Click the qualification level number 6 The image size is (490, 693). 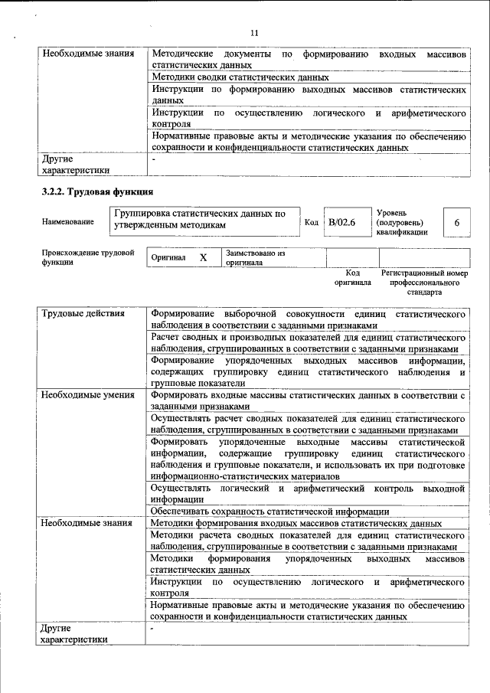coord(456,222)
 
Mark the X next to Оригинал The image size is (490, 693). coord(203,258)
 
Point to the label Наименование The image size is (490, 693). coord(68,222)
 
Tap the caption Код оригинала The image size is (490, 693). coord(352,277)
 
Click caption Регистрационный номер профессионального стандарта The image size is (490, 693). coord(424,282)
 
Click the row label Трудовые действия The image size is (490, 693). coord(83,315)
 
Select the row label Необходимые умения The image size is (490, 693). coord(88,395)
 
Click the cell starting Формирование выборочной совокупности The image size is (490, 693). coord(308,320)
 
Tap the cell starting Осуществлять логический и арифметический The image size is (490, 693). coord(308,493)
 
